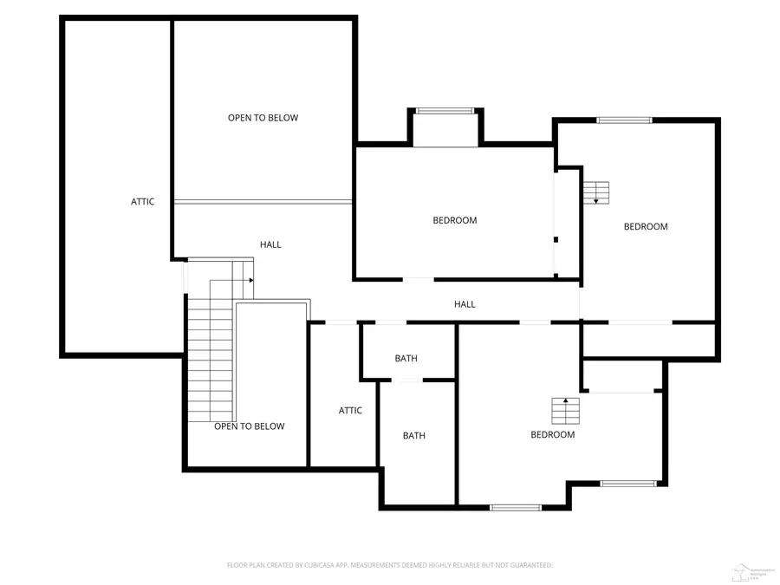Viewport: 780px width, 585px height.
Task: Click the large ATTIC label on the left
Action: coord(143,202)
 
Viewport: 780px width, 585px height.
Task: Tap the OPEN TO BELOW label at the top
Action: coord(263,118)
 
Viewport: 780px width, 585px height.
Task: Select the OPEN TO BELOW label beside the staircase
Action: coord(249,426)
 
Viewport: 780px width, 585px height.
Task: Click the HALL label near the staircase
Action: coord(270,245)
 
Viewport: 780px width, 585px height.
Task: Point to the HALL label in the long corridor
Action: coord(465,304)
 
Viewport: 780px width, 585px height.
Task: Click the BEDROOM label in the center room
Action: coord(455,220)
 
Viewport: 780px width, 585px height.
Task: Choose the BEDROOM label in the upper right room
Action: coord(646,227)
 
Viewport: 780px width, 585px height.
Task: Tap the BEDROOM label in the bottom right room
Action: coord(552,435)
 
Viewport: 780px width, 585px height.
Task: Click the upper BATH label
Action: coord(406,359)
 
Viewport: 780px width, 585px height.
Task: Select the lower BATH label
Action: coord(413,436)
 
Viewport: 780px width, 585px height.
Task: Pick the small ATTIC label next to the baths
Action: coord(350,411)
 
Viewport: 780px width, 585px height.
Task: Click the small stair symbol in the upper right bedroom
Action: coord(596,192)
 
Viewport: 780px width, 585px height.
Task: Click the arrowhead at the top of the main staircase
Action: coord(250,281)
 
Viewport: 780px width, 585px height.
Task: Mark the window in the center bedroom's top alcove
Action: coord(445,111)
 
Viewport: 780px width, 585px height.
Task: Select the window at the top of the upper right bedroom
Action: coord(624,120)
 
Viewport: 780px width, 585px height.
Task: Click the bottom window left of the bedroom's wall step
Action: coord(516,507)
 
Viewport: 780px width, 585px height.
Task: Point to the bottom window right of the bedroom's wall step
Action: coord(629,484)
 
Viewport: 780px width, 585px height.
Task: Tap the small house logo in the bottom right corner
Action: coord(742,572)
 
